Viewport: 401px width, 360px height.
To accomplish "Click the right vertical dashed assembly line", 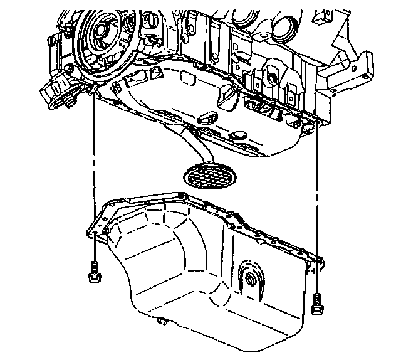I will pos(319,188).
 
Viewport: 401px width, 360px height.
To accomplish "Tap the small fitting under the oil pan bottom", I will pos(162,322).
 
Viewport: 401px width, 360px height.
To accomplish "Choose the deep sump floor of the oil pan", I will pos(188,295).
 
